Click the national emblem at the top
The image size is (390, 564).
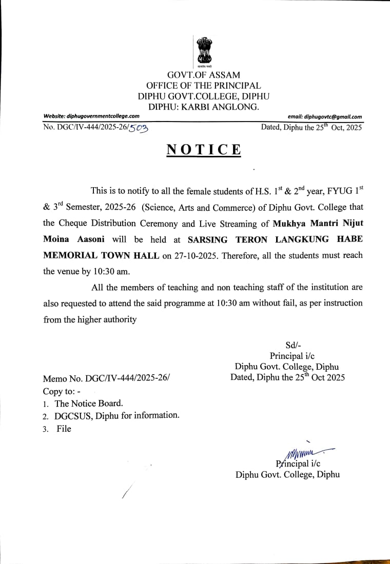[x=204, y=52]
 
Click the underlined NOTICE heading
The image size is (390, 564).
[x=204, y=150]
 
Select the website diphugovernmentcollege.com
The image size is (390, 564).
[x=91, y=116]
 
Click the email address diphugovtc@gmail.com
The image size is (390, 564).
[x=325, y=116]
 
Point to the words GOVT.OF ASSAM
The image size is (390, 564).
[x=204, y=75]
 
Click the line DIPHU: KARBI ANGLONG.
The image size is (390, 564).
[x=204, y=107]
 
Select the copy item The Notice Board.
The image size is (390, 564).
[x=89, y=403]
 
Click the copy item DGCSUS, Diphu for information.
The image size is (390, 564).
[x=117, y=416]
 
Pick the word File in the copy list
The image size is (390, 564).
[x=64, y=429]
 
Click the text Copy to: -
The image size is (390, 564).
[x=65, y=391]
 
